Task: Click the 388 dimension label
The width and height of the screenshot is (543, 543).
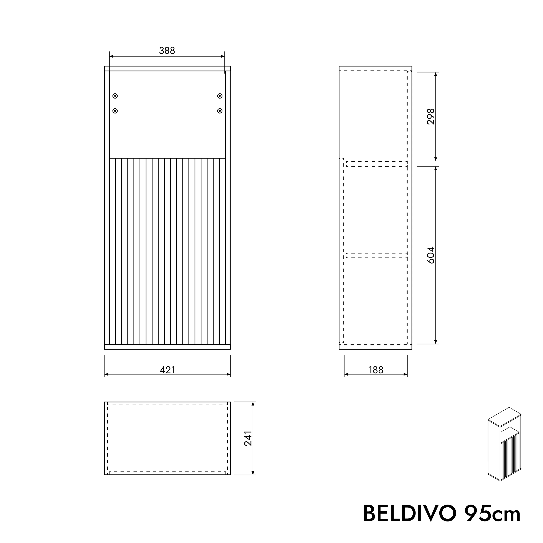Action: [x=167, y=51]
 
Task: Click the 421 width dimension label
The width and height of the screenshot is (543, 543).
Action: [x=167, y=370]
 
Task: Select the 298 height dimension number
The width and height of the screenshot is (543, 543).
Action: [x=430, y=116]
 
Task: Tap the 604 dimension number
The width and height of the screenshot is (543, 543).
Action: [x=430, y=255]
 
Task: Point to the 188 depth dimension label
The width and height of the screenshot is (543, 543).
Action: [x=376, y=370]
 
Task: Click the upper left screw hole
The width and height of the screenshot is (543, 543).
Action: [x=115, y=96]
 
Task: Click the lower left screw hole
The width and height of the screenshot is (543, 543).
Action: [x=115, y=111]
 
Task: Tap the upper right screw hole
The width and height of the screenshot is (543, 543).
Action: [x=220, y=96]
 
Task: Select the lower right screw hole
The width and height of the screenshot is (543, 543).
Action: [x=220, y=111]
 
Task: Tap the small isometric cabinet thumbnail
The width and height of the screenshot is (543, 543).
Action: [x=505, y=444]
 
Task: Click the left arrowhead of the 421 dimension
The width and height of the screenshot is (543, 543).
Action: [x=106, y=374]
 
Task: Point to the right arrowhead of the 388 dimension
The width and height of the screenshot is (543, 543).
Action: [x=223, y=56]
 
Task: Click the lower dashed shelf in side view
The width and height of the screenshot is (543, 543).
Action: [x=377, y=255]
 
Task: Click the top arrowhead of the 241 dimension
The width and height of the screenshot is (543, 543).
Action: [x=253, y=404]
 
